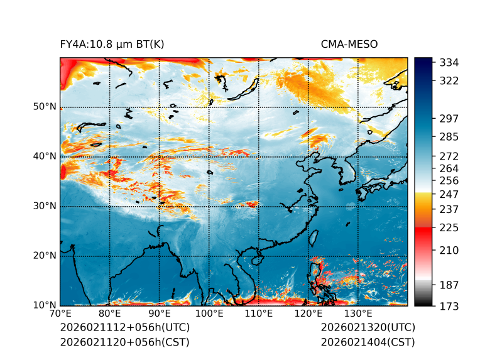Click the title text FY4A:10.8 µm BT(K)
(112, 45)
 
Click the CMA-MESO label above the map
(349, 45)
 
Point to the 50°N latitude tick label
(45, 107)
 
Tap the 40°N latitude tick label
(45, 156)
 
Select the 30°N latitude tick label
(45, 206)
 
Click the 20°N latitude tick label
(45, 256)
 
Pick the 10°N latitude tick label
(45, 305)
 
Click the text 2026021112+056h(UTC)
(124, 328)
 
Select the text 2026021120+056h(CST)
(124, 342)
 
